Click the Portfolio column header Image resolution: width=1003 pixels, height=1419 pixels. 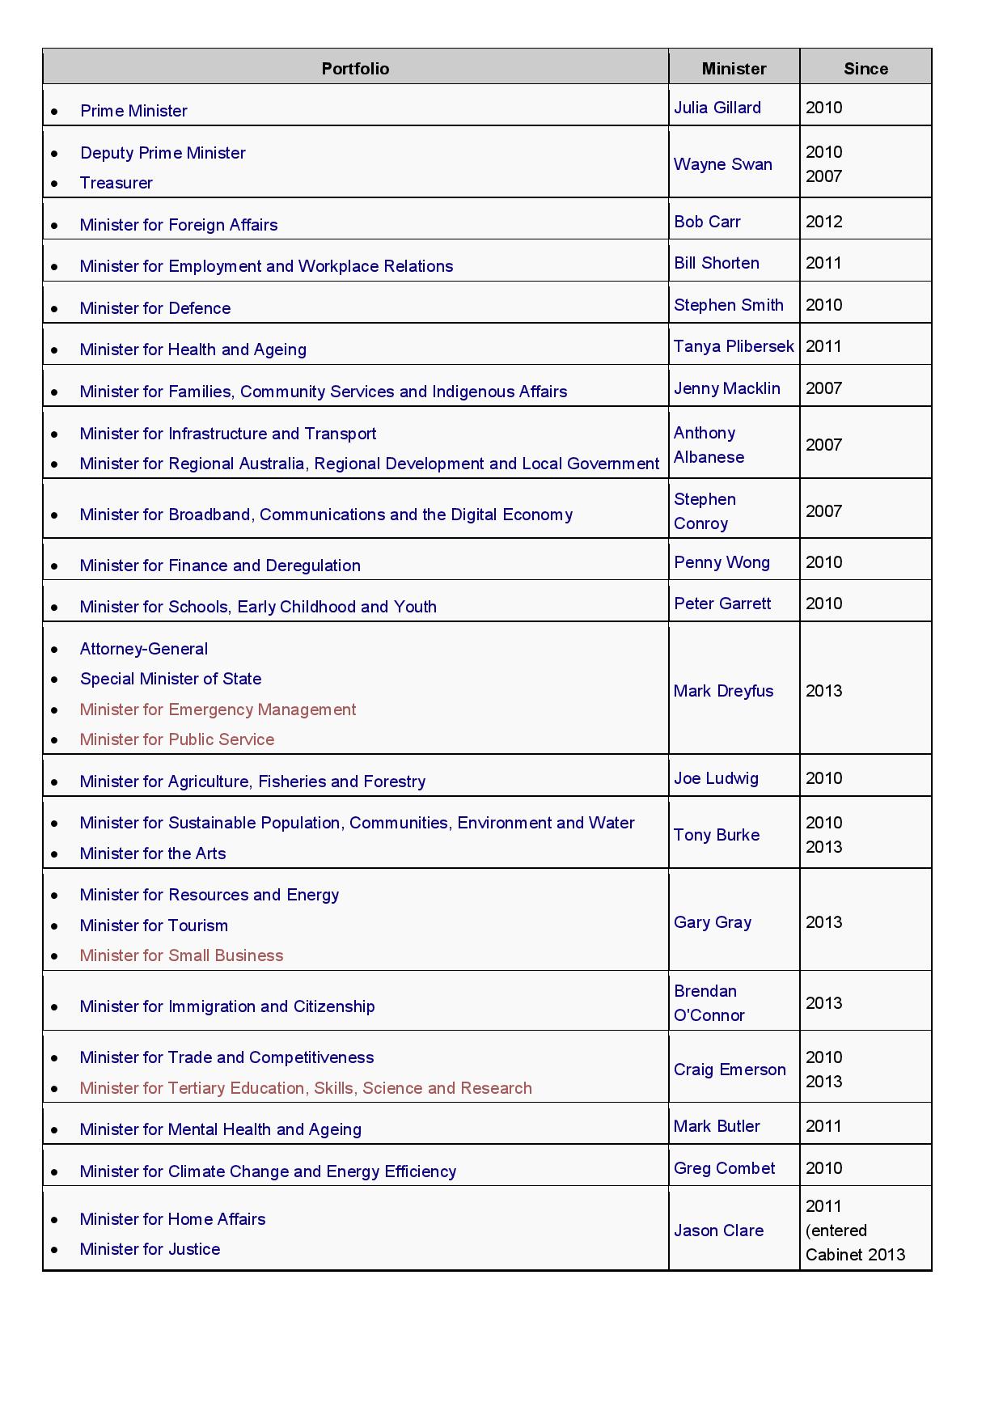coord(355,69)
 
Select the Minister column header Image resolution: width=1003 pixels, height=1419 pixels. coord(734,69)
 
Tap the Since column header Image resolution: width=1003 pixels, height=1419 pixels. coord(865,69)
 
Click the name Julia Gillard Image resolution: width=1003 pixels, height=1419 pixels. coord(717,108)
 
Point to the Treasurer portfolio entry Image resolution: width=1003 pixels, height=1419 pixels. coord(116,183)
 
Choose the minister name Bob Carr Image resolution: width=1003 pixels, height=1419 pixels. coord(707,222)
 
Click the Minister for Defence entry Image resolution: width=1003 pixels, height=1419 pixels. coord(155,308)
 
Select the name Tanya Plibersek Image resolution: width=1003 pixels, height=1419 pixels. coord(734,346)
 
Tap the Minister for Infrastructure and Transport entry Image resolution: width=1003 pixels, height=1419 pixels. coord(228,434)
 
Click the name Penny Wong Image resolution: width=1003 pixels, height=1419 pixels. coord(722,562)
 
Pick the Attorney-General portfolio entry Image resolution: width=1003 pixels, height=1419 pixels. coord(144,649)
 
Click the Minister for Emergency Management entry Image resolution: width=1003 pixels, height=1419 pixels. coord(218,709)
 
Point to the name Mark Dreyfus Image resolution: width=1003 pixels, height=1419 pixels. coord(723,691)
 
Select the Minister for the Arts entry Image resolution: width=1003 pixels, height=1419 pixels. coord(153,854)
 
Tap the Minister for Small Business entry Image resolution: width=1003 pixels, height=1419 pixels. coord(181,955)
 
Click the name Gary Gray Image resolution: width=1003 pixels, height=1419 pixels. coord(713,922)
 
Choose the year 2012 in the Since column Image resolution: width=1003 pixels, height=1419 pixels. coord(823,222)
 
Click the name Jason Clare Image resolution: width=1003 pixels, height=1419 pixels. coord(718,1231)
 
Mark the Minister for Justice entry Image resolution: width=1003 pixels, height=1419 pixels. coord(150,1249)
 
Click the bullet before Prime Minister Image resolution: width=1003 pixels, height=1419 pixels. coord(54,112)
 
